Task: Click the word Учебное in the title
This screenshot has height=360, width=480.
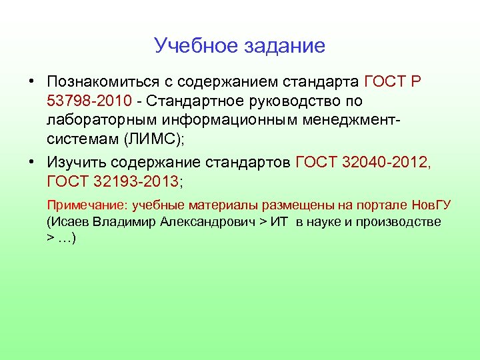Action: pyautogui.click(x=193, y=45)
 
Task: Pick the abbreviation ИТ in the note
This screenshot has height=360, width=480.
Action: pyautogui.click(x=279, y=221)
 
